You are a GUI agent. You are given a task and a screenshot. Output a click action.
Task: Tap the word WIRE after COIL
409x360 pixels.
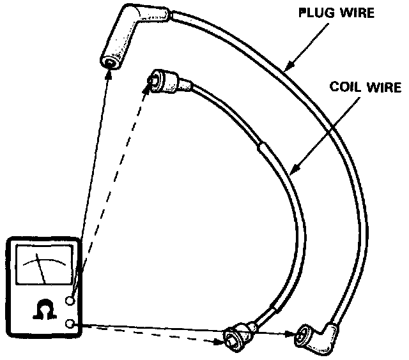[x=383, y=87]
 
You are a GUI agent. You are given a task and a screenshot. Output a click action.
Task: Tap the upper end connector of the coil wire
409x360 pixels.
[x=161, y=80]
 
